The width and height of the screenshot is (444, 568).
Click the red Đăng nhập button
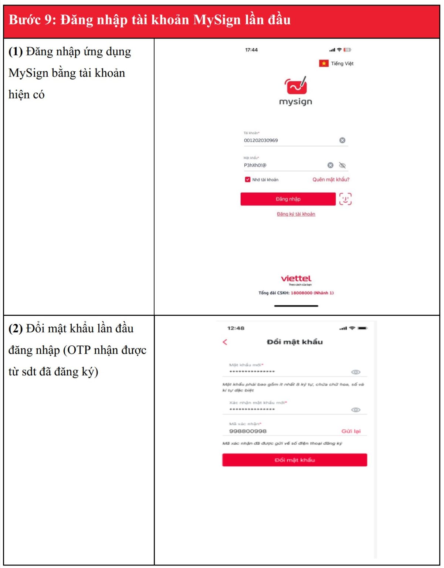[x=288, y=199]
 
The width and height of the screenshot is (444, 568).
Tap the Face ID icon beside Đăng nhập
[x=345, y=199]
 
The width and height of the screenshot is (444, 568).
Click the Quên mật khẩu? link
[x=331, y=180]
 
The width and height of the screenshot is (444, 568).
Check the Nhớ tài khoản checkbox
[x=248, y=180]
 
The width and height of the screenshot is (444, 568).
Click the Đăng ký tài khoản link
[x=296, y=214]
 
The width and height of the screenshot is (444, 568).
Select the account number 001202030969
[x=261, y=141]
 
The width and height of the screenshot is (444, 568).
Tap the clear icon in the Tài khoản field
[x=342, y=140]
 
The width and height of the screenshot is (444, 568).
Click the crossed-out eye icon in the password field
[x=342, y=165]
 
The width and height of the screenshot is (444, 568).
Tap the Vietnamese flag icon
[x=324, y=64]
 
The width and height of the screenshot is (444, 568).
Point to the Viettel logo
[x=296, y=279]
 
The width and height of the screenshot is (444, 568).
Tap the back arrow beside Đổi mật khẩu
[x=225, y=342]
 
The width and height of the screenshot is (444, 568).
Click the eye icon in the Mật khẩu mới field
[x=356, y=372]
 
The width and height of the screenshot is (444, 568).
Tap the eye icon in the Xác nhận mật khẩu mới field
[x=356, y=410]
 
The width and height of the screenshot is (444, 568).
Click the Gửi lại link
[x=351, y=431]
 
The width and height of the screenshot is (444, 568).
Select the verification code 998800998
[x=248, y=431]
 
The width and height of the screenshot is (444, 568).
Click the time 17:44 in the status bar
[x=251, y=50]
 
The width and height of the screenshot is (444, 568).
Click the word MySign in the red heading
[x=217, y=20]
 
